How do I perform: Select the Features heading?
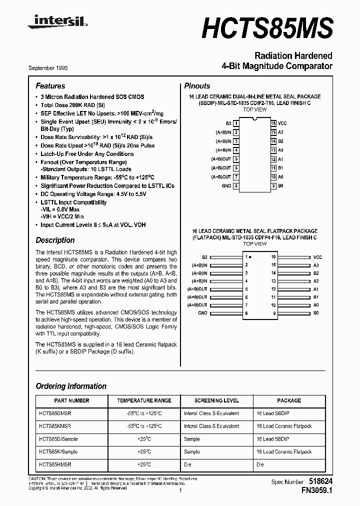coord(50,86)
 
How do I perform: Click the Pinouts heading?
coord(197,86)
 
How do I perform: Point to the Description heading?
coord(55,240)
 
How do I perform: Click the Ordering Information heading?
coord(71,386)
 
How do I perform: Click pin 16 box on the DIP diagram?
coord(273,123)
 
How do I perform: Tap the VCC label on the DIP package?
coord(282,123)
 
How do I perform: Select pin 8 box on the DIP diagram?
coord(236,186)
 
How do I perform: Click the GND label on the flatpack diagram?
coord(202,313)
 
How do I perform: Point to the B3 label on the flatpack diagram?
coord(204,257)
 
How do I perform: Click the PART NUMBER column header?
coord(71,400)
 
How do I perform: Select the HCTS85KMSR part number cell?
coord(55,426)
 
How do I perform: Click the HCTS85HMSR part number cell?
coord(55,464)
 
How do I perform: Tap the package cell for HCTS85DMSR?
coord(272,413)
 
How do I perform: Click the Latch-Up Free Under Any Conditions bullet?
coord(87,154)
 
